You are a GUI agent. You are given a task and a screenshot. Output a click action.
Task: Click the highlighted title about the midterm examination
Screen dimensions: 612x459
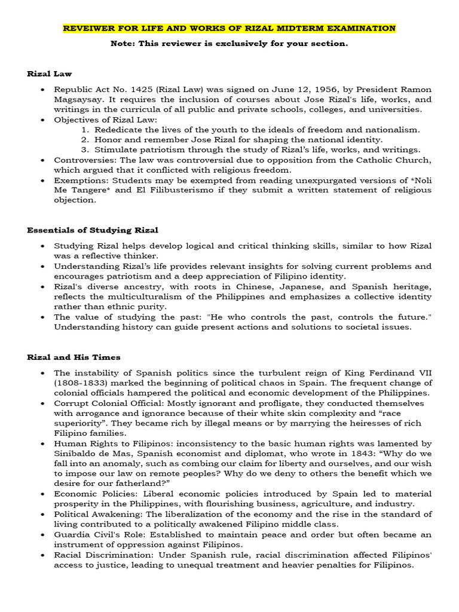tap(229, 28)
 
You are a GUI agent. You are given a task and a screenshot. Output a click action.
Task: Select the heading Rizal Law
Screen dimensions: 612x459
tap(49, 74)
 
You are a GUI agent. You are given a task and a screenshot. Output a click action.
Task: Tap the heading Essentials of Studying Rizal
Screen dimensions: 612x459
tap(93, 230)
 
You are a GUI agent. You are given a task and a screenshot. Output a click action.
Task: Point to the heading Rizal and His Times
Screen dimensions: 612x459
tap(74, 357)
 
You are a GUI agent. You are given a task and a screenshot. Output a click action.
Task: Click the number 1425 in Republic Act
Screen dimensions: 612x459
tap(135, 90)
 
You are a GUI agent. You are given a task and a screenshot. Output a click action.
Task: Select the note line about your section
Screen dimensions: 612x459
tap(229, 44)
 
